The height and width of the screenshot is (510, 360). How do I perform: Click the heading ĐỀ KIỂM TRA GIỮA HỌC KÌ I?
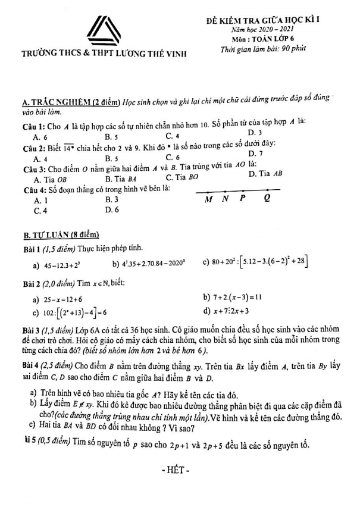[279, 20]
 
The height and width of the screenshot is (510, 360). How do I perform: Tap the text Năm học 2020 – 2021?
[276, 29]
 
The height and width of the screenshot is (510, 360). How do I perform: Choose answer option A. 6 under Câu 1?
[42, 136]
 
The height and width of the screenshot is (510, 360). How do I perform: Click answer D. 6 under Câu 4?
[112, 209]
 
